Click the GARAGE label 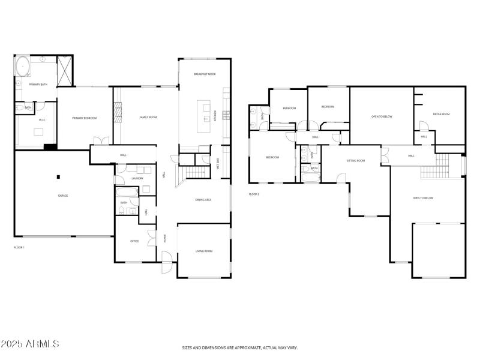[62, 196]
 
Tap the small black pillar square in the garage [59, 176]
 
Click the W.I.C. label [42, 120]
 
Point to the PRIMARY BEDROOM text [84, 118]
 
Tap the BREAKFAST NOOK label [205, 74]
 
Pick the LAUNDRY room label [137, 178]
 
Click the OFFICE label [135, 241]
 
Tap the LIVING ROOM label [204, 251]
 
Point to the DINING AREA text [203, 200]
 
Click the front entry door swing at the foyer [167, 259]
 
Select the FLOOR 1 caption [19, 247]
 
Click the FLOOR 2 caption [254, 194]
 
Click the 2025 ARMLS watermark [30, 344]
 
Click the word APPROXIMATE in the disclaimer [242, 347]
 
